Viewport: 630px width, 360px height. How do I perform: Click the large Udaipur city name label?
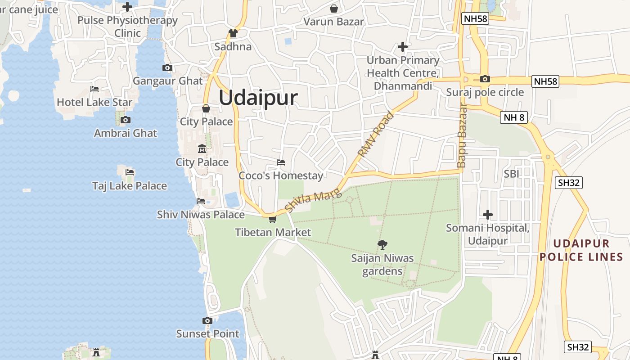[258, 98]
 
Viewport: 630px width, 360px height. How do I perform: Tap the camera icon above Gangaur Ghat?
[167, 68]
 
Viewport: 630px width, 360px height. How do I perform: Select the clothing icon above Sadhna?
[233, 33]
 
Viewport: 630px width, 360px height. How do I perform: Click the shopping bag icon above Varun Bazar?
[334, 9]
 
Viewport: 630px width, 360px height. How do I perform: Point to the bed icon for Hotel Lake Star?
[94, 89]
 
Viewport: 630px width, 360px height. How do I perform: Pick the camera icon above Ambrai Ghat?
[126, 120]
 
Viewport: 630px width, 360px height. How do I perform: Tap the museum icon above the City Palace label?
[202, 149]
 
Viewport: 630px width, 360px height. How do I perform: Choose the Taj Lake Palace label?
[130, 186]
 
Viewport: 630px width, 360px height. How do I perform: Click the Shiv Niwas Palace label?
[201, 215]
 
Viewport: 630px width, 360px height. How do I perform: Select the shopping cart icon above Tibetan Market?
[272, 220]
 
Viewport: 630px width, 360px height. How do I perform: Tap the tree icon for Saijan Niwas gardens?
[382, 245]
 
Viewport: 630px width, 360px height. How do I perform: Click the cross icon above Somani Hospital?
[487, 215]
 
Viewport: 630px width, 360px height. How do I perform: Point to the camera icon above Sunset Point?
[207, 321]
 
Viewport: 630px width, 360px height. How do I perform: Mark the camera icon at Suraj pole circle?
[485, 79]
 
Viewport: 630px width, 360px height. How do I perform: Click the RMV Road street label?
[375, 134]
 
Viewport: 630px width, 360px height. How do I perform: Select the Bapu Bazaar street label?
[462, 135]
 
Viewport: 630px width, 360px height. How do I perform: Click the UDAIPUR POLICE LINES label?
[581, 250]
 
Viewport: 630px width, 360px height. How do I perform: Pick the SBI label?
[512, 174]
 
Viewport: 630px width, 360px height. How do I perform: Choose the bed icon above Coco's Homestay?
[281, 162]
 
